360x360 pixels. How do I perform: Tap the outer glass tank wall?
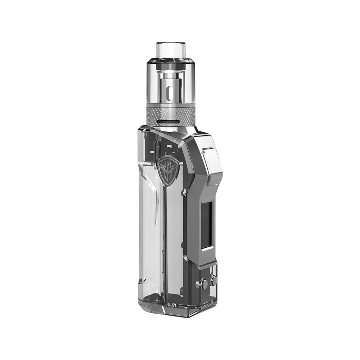pyautogui.click(x=153, y=86)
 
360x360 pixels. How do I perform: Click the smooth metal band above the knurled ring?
pyautogui.click(x=171, y=104)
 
